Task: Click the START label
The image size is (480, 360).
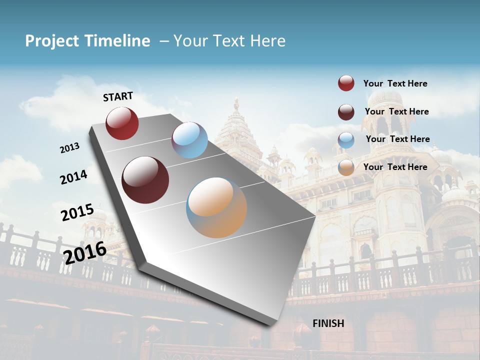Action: (118, 96)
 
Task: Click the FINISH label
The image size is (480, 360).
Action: (328, 323)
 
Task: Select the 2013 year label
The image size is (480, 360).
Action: (70, 148)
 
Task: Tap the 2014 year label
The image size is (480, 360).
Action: (74, 177)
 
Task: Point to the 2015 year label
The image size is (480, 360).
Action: (77, 212)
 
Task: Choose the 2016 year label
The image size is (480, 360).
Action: (85, 252)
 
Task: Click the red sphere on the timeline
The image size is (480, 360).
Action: (122, 123)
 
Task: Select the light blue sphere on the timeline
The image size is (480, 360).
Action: (189, 140)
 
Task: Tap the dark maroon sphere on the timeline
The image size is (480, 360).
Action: (145, 180)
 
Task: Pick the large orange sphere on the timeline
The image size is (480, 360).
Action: (216, 207)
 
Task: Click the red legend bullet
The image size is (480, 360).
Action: (346, 83)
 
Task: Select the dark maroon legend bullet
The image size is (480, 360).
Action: (346, 112)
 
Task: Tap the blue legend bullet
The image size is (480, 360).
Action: (346, 140)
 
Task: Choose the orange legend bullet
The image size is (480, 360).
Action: (346, 167)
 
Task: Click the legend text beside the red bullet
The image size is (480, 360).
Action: (395, 84)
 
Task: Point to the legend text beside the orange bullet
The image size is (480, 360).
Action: (395, 167)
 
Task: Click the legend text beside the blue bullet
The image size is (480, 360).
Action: (397, 139)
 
